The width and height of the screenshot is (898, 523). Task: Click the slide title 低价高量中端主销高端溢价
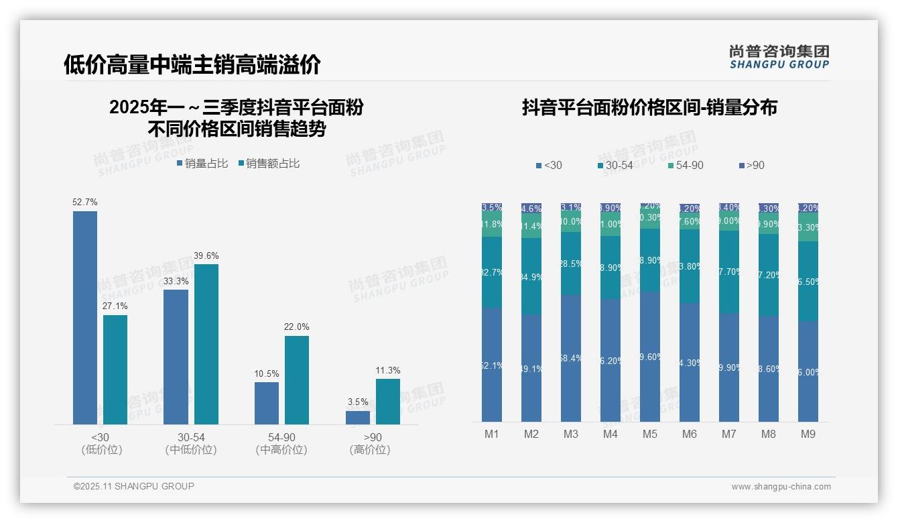pos(192,64)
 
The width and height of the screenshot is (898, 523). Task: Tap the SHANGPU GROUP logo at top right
pos(779,57)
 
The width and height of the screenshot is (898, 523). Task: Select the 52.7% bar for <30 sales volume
pos(85,317)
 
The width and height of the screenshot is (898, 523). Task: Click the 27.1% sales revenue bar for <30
pos(115,369)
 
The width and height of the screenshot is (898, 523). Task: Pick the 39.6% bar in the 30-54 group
pos(206,344)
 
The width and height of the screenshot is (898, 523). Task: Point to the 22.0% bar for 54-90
pos(297,380)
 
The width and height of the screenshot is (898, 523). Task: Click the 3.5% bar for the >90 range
pos(358,417)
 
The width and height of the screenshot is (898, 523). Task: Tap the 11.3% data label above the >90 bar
pos(388,371)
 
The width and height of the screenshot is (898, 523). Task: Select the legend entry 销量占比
pos(202,164)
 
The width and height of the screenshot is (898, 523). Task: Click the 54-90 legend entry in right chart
pos(686,166)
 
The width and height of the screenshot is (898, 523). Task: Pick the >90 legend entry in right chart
pos(751,166)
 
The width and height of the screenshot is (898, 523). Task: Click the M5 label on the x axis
pos(650,434)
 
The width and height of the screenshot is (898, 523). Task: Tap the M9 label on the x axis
pos(808,434)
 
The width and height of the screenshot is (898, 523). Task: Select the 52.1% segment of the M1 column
pos(492,365)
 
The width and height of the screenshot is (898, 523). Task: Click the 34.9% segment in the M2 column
pos(531,276)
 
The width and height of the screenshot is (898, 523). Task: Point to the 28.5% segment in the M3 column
pos(571,264)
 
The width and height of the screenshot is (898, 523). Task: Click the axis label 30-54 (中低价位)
pos(191,443)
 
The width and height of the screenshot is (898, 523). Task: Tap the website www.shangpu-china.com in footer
pos(781,487)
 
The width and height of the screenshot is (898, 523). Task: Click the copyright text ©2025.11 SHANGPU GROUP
pos(134,486)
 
